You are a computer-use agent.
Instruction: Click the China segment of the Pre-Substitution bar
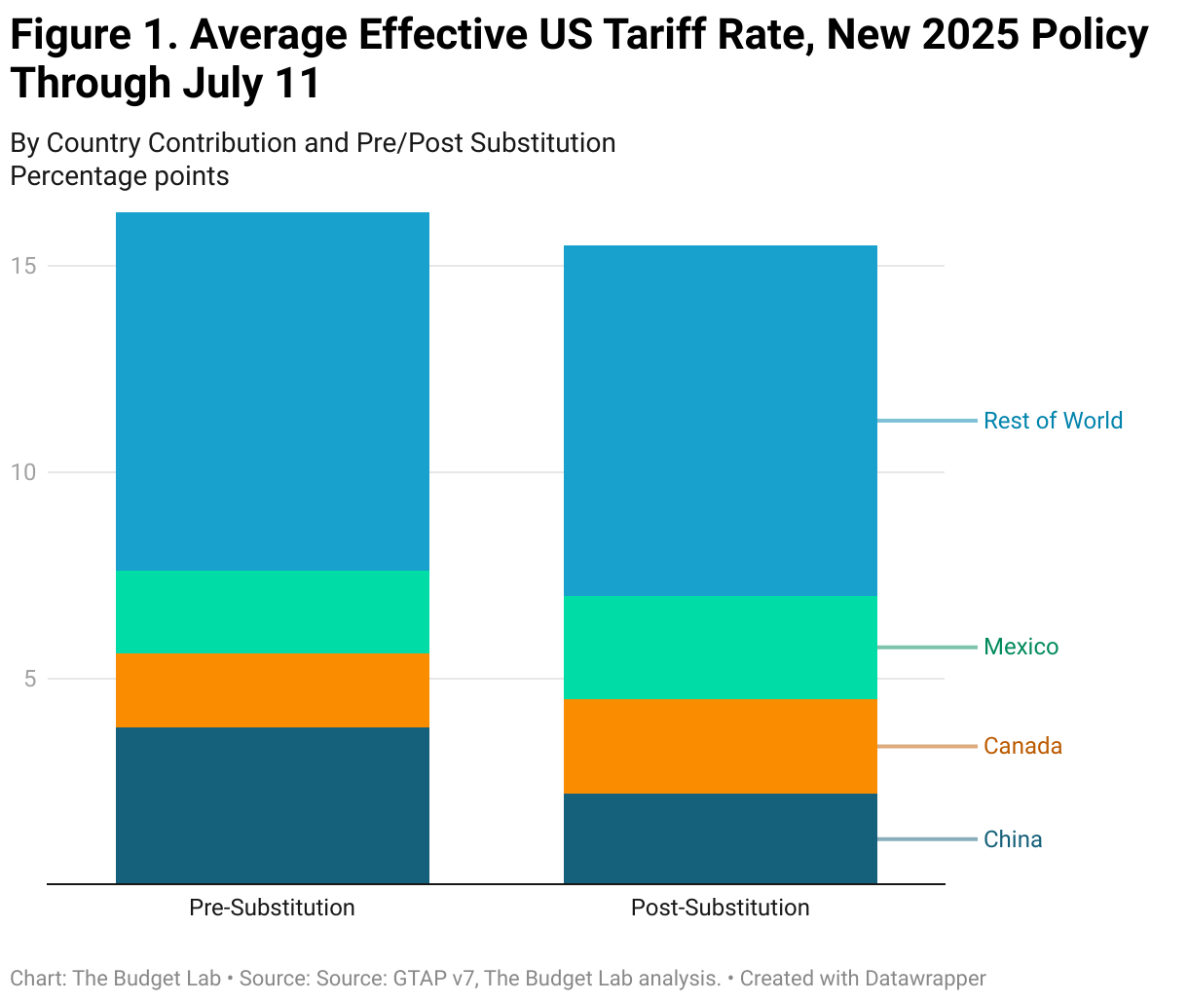pos(273,805)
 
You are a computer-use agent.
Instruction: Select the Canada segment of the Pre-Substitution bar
pos(273,690)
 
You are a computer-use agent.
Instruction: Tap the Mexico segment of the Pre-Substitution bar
pos(273,612)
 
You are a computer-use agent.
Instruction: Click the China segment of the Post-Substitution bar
pos(721,838)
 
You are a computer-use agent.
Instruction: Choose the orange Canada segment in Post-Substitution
pos(721,746)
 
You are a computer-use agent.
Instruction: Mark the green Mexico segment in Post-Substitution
pos(721,648)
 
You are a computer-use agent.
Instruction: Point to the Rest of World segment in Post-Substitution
pos(721,421)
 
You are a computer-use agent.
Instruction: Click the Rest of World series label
pos(1053,421)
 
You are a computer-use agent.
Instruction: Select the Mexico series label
pos(1021,648)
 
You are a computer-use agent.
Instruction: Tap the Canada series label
pos(1022,746)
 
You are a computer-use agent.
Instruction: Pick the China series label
pos(1013,839)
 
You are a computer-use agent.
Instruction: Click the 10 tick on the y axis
pos(23,472)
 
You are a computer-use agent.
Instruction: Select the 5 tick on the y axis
pos(30,679)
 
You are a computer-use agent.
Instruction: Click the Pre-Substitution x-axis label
pos(273,908)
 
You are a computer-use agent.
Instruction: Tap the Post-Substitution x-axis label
pos(721,908)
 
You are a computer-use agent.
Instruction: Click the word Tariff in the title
pos(661,36)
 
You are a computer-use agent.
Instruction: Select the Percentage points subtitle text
pos(120,176)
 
